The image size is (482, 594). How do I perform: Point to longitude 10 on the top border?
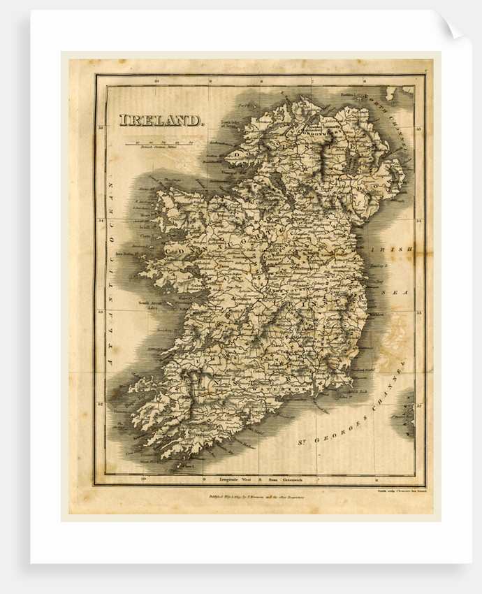[x=158, y=81]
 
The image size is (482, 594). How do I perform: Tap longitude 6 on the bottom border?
[x=375, y=480]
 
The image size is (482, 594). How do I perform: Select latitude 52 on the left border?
[x=102, y=404]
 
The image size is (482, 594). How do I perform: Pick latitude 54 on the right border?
[x=418, y=221]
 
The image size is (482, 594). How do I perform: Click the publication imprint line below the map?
[x=258, y=497]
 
